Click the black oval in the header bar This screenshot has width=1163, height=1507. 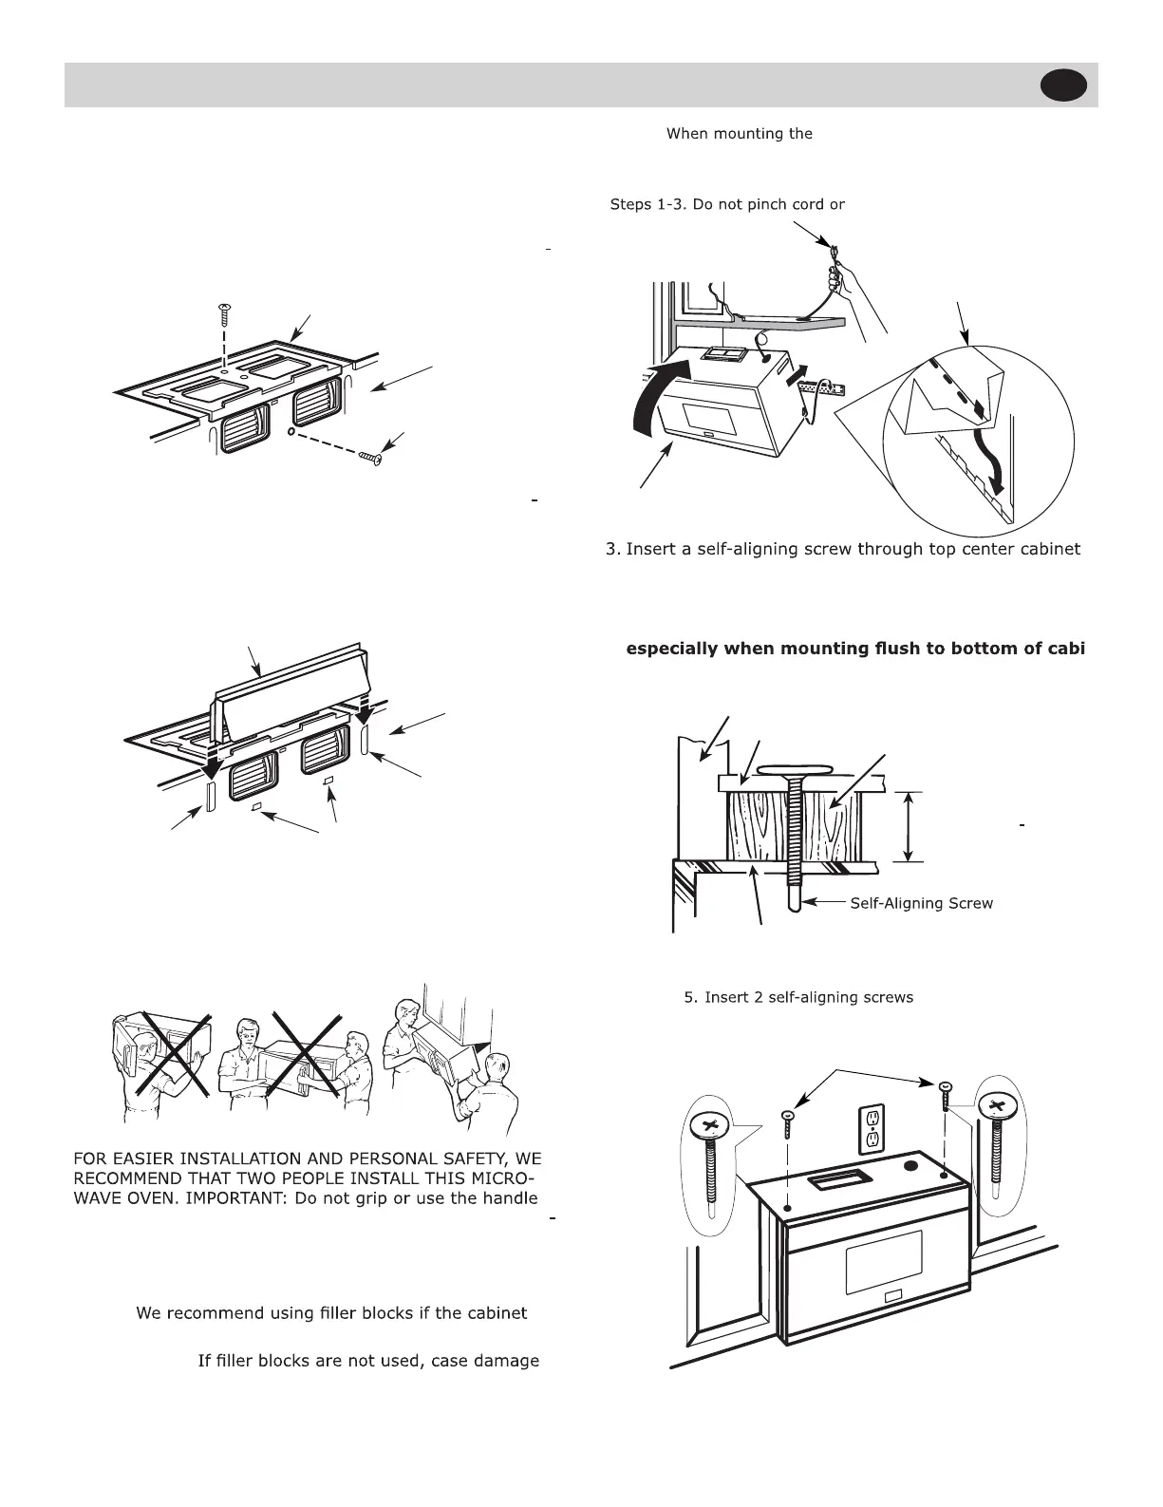click(x=1063, y=85)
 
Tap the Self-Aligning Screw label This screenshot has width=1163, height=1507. click(x=921, y=903)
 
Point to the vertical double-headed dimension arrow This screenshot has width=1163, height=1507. click(x=910, y=826)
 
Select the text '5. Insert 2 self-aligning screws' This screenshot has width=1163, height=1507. click(x=798, y=997)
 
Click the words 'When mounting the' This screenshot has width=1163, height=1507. click(x=740, y=134)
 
